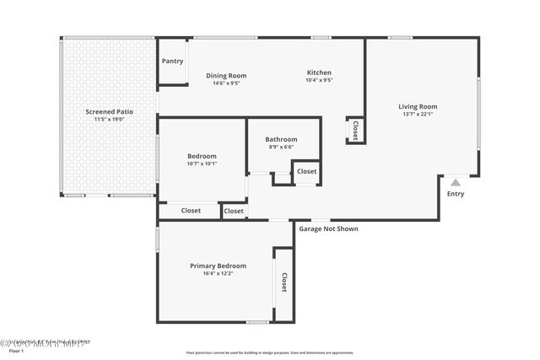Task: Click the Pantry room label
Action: (x=172, y=62)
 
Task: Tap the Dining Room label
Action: (x=226, y=76)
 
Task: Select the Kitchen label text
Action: (x=319, y=73)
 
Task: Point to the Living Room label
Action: (x=418, y=107)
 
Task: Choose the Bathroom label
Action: (x=281, y=139)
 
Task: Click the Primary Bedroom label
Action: (x=218, y=266)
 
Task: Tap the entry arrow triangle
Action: (x=456, y=181)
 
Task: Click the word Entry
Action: (x=456, y=194)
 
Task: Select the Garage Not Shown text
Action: (x=329, y=228)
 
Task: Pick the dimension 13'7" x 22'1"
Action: (x=418, y=115)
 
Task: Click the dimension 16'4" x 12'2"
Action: (x=218, y=273)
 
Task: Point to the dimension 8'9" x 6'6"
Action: (x=281, y=147)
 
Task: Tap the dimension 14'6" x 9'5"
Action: (x=226, y=83)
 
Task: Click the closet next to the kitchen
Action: (x=355, y=130)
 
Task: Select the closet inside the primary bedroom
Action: (x=284, y=282)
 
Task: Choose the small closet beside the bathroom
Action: (x=306, y=171)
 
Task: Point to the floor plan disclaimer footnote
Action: (x=270, y=352)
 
